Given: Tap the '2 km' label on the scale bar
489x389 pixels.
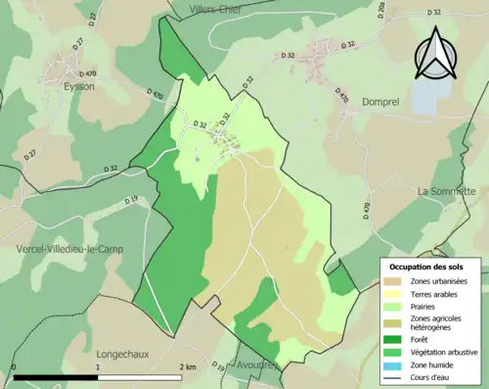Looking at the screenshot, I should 187,365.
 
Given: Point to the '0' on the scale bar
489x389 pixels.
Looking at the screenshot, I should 14,365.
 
